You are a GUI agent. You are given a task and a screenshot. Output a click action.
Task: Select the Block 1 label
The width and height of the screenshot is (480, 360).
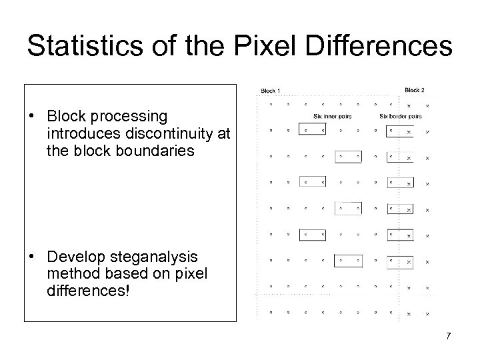(x=270, y=91)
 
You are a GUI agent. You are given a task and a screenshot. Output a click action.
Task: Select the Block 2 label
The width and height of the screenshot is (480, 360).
(x=414, y=90)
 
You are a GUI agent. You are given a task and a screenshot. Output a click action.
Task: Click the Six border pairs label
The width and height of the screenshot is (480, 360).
(x=400, y=117)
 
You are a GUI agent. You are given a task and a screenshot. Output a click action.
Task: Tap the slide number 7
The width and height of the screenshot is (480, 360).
(x=449, y=335)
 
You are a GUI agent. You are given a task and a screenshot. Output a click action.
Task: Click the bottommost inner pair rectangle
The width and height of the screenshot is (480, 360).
(x=347, y=258)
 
